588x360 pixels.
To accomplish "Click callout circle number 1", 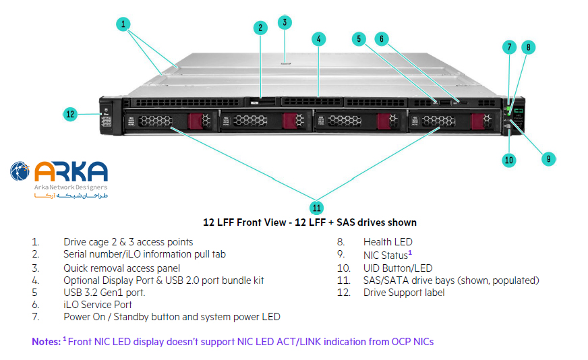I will point(123,24).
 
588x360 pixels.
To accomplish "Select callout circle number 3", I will point(285,22).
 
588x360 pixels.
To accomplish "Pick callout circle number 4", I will point(318,38).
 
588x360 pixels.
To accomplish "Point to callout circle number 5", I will point(359,38).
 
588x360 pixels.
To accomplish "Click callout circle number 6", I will point(381,38).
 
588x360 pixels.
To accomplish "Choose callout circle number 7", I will point(510,47).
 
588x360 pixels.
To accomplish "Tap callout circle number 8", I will point(529,47).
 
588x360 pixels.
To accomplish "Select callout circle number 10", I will point(509,160).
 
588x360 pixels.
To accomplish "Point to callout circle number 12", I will point(71,114).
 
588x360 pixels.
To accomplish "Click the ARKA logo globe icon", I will point(20,171).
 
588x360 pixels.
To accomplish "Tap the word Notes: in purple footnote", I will point(46,342).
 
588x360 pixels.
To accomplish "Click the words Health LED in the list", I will point(388,242).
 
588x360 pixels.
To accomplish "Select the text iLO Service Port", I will point(98,305).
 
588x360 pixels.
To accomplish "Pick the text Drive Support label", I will point(404,293).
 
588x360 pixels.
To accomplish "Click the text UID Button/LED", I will point(398,268).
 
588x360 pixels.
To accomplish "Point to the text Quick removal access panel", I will point(122,268).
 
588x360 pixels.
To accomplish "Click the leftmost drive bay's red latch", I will point(196,121).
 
